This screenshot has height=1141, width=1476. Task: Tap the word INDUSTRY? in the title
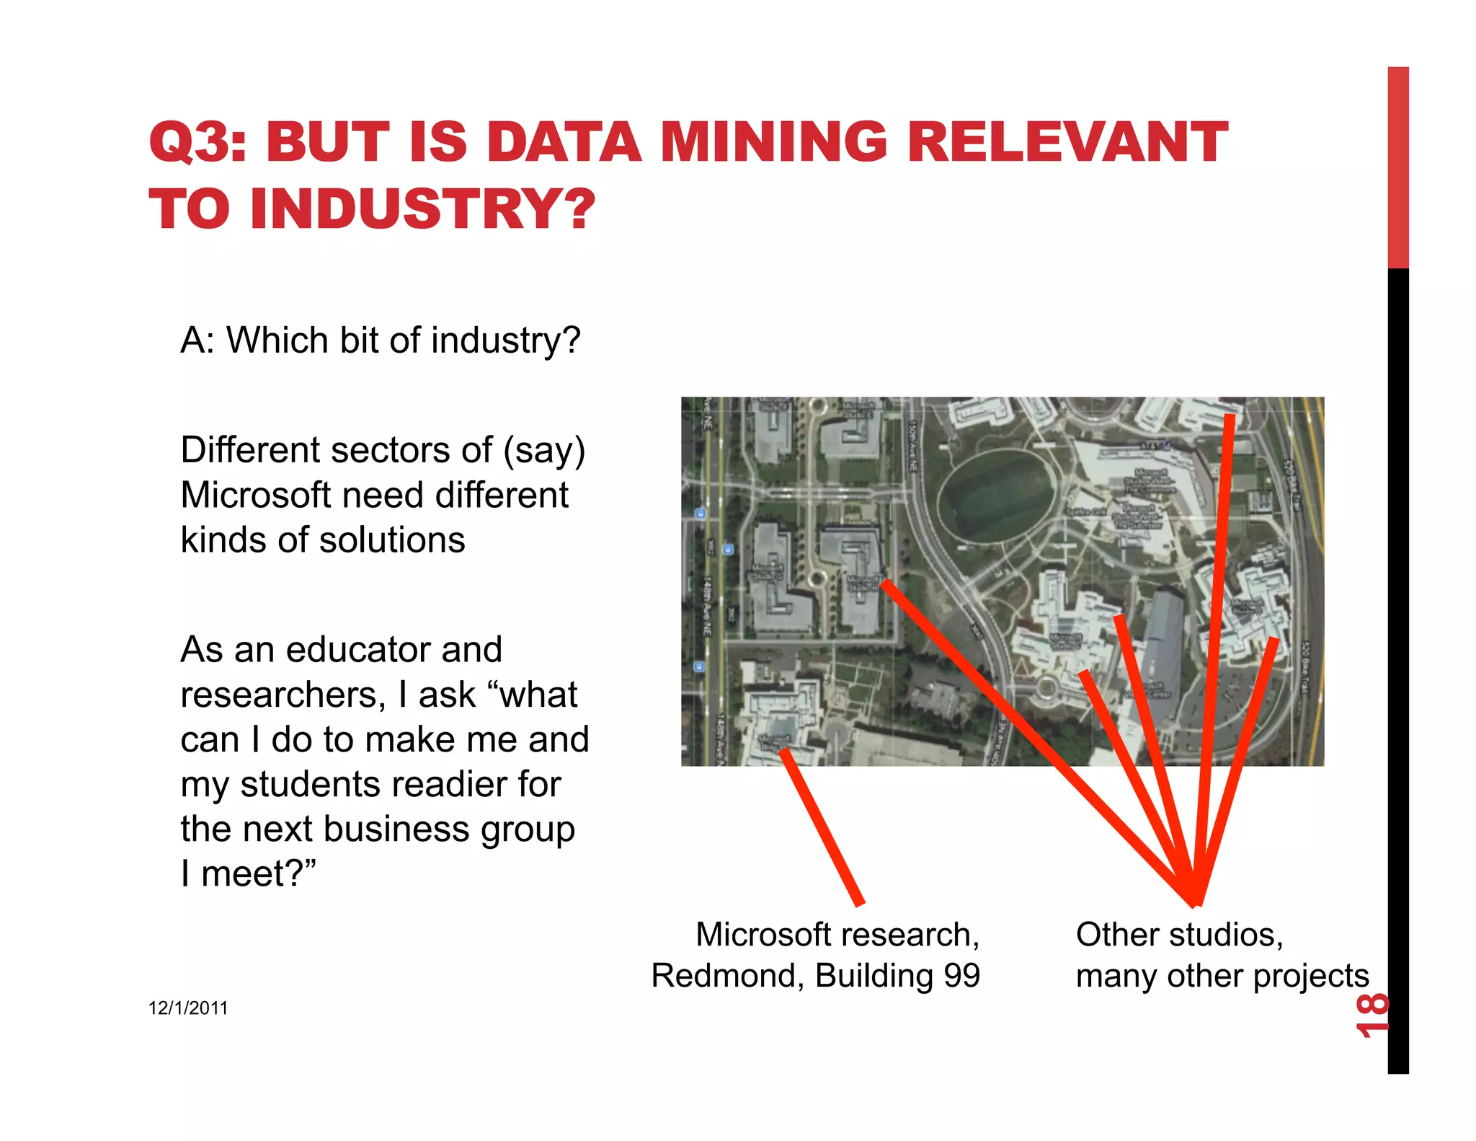point(423,209)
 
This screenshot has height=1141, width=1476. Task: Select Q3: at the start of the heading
point(197,142)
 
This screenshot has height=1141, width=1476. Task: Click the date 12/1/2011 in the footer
point(188,1008)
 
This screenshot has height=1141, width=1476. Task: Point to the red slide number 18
point(1371,1015)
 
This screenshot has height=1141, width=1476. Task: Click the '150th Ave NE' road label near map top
point(913,446)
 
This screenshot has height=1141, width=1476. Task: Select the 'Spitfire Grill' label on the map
point(1085,511)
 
